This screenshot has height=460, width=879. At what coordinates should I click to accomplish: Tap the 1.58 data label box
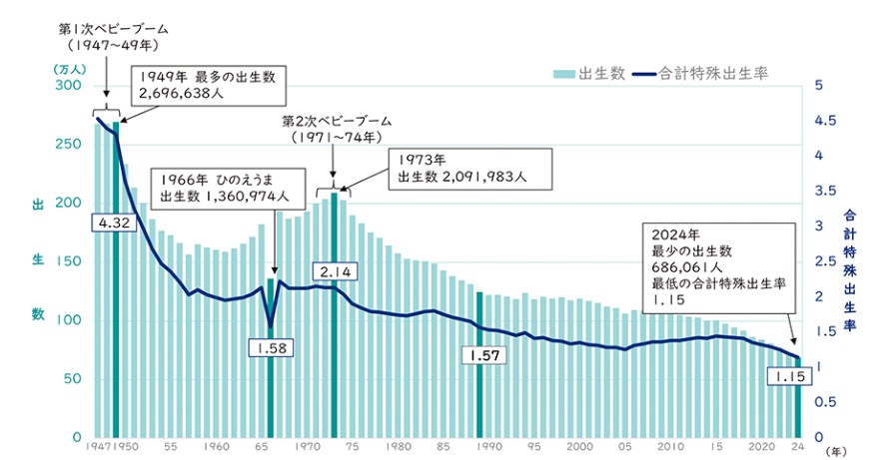[271, 348]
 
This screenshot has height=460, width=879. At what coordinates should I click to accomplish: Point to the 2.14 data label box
[333, 270]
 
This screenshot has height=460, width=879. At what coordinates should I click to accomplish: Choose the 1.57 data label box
[481, 355]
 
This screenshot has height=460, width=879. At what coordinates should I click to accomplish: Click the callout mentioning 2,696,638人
[208, 83]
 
